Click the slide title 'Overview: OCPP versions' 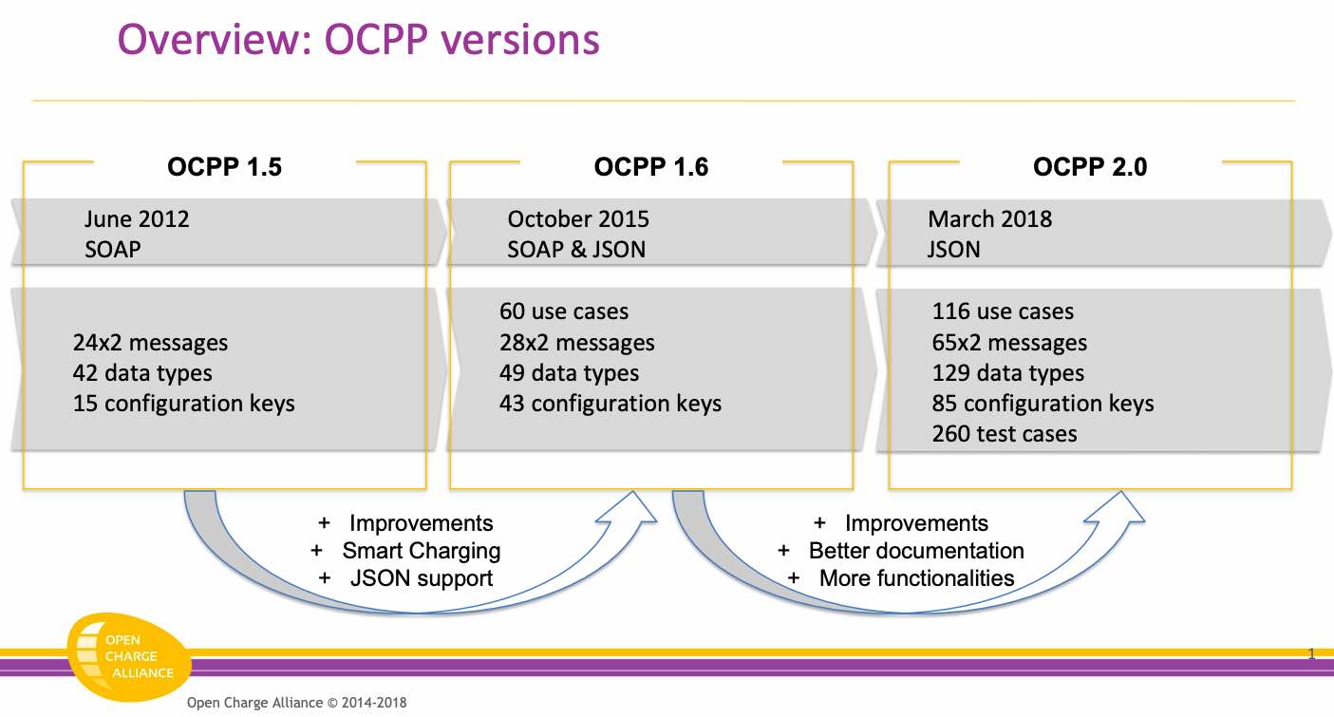pyautogui.click(x=358, y=40)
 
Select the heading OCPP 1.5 pyautogui.click(x=225, y=166)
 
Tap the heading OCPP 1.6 pyautogui.click(x=651, y=166)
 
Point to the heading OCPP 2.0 pyautogui.click(x=1090, y=166)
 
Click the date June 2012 pyautogui.click(x=137, y=218)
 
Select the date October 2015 pyautogui.click(x=578, y=218)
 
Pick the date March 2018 pyautogui.click(x=990, y=218)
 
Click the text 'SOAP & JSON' pyautogui.click(x=576, y=250)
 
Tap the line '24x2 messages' pyautogui.click(x=150, y=343)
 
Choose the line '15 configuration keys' pyautogui.click(x=184, y=404)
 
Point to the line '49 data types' pyautogui.click(x=569, y=373)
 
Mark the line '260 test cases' pyautogui.click(x=1005, y=434)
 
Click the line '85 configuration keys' pyautogui.click(x=1043, y=404)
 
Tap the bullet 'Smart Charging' pyautogui.click(x=421, y=551)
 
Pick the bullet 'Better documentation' pyautogui.click(x=915, y=551)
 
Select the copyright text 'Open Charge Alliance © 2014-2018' pyautogui.click(x=296, y=703)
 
